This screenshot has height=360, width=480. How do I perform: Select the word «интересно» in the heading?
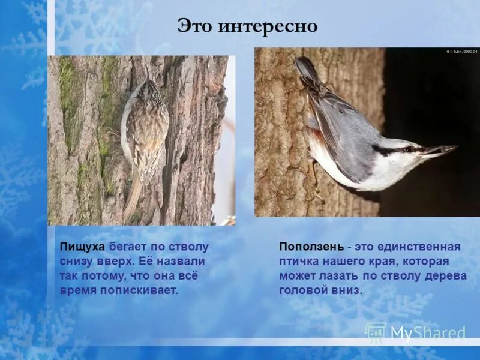(x=266, y=27)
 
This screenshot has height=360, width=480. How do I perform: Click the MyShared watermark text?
(x=427, y=332)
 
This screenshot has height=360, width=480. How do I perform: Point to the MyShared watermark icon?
(x=376, y=332)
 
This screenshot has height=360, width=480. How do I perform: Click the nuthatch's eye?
(x=409, y=149)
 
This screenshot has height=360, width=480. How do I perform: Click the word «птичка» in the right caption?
(x=299, y=262)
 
